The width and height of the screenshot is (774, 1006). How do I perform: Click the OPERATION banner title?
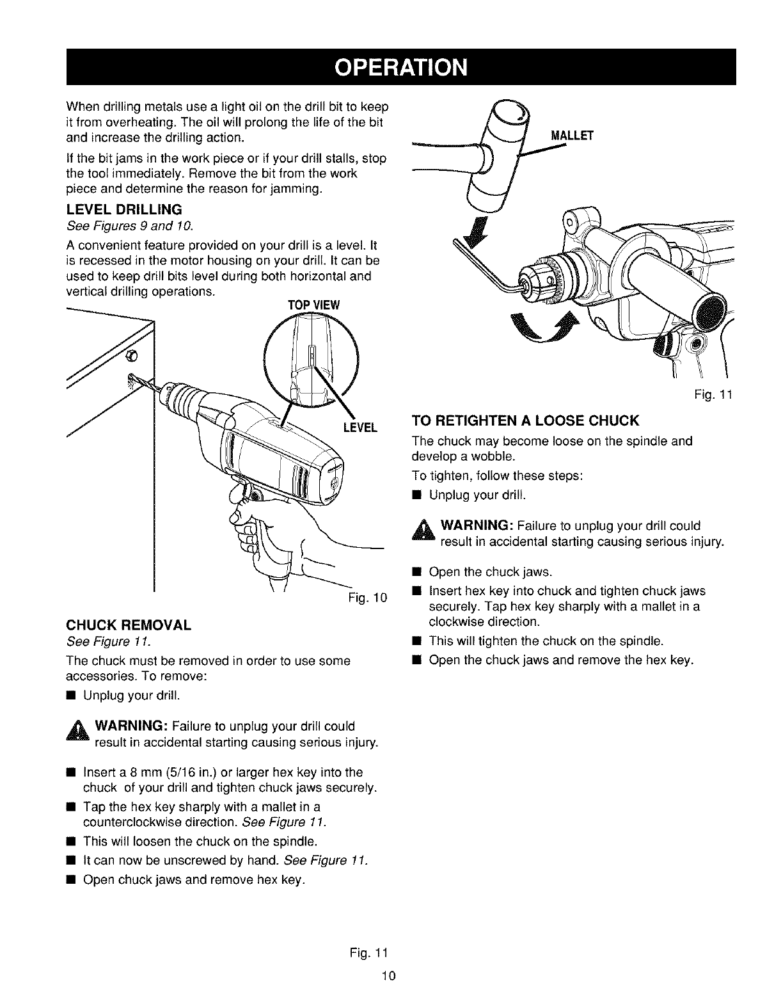tap(400, 67)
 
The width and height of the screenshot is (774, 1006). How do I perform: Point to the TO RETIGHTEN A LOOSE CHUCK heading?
tap(526, 420)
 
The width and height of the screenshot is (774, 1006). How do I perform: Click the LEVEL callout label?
tap(363, 426)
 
